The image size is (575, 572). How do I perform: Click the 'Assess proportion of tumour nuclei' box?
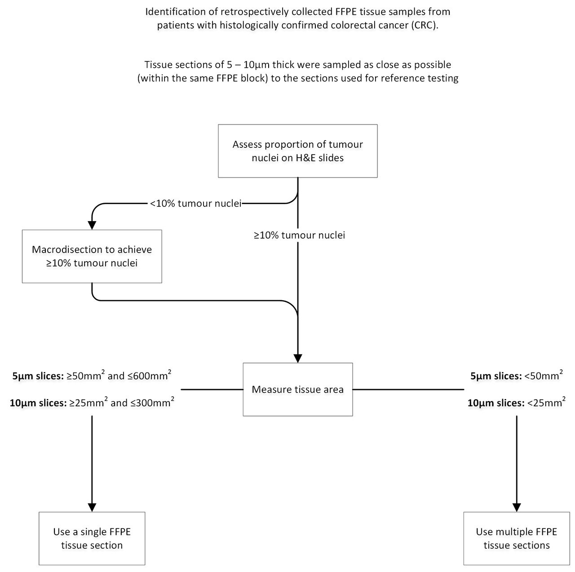point(297,151)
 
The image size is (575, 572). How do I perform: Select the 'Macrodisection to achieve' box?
point(92,256)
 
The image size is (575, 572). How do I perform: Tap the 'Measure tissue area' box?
point(298,389)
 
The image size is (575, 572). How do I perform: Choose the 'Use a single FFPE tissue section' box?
point(92,538)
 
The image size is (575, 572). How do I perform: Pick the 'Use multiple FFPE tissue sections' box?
point(517,538)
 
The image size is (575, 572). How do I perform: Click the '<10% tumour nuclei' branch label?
point(195,203)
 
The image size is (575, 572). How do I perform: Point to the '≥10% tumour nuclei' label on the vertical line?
point(299,235)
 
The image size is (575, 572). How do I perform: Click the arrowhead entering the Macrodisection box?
point(92,226)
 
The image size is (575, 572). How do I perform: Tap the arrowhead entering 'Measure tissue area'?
point(298,359)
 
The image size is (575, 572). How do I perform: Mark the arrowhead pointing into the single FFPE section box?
point(92,507)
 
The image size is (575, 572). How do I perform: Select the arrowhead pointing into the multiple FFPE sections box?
point(517,507)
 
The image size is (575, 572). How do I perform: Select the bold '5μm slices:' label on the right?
point(496,376)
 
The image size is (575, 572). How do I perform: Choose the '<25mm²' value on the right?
point(546,402)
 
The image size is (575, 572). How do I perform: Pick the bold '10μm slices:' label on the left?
point(38,403)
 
